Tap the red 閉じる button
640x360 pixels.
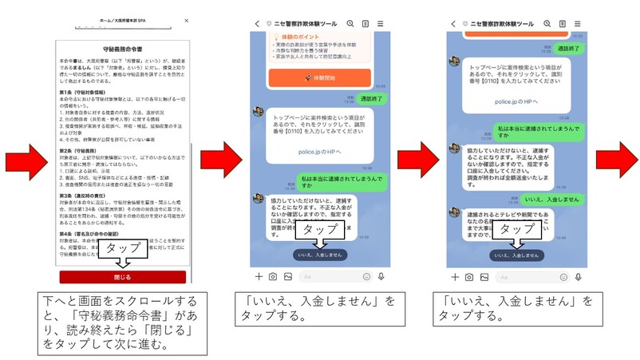(x=123, y=277)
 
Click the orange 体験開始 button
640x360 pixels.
(x=318, y=78)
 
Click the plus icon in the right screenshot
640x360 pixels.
(x=456, y=276)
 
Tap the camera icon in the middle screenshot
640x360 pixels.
(x=273, y=276)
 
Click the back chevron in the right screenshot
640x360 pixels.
(x=455, y=25)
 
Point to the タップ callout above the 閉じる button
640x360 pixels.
(x=123, y=249)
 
